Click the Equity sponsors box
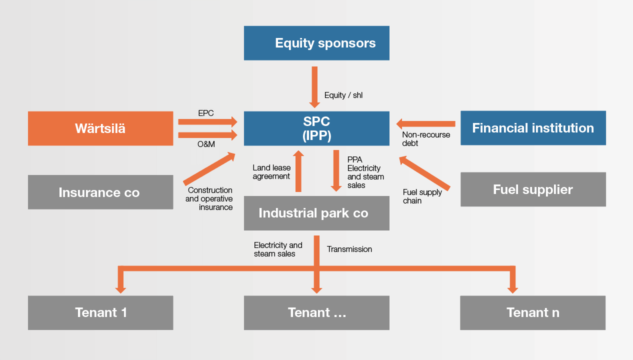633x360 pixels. click(x=316, y=43)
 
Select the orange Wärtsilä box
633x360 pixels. click(x=100, y=128)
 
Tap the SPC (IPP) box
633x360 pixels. click(x=316, y=128)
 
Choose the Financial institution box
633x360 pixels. click(x=533, y=128)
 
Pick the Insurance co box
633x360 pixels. click(x=100, y=192)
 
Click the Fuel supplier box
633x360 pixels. click(x=533, y=189)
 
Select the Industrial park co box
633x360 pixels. click(x=316, y=213)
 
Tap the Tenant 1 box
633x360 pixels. click(x=100, y=313)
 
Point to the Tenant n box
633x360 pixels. click(x=532, y=313)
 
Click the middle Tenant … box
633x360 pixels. click(x=316, y=313)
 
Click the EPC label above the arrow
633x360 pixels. click(x=205, y=113)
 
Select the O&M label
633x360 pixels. click(x=206, y=144)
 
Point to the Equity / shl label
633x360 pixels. click(x=343, y=95)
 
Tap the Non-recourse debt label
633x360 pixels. click(x=426, y=138)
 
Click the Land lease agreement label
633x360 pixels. click(x=271, y=172)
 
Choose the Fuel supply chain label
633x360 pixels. click(x=422, y=196)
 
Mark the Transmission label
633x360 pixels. click(x=349, y=249)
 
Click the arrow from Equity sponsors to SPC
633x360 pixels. click(x=314, y=87)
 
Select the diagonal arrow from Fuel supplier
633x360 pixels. click(x=424, y=172)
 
